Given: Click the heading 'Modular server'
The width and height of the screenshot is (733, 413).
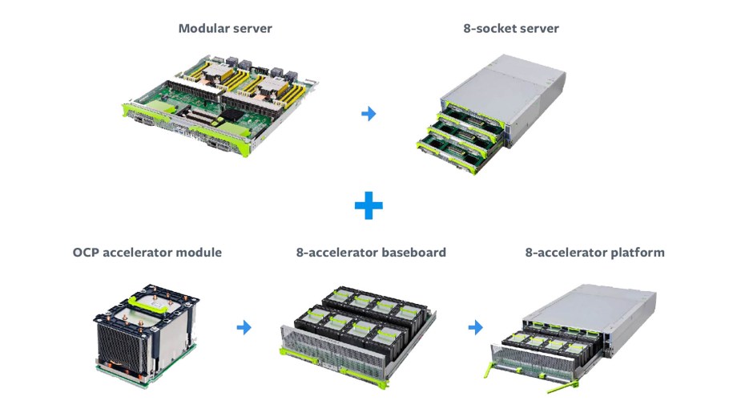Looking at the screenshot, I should click(225, 29).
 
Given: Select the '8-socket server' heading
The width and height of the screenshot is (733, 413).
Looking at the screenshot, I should click(511, 29).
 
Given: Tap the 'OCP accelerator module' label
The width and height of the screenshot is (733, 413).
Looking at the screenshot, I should click(147, 253).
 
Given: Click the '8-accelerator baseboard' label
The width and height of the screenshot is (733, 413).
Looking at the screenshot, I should click(371, 253).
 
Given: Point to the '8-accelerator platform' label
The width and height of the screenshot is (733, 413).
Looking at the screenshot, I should click(594, 253).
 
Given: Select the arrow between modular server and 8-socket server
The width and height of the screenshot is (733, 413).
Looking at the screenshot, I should click(369, 114).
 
